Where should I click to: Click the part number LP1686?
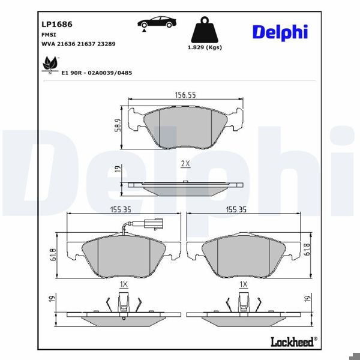[x=57, y=25]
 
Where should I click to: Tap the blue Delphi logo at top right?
[x=280, y=32]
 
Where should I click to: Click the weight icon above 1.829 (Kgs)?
[x=206, y=29]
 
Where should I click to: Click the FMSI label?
[x=49, y=35]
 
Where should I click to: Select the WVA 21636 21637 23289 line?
[x=78, y=44]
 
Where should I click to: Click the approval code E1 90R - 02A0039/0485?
[x=97, y=73]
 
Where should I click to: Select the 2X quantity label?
[x=185, y=163]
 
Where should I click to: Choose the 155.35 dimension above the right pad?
[x=236, y=210]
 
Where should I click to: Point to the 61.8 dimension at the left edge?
[x=53, y=254]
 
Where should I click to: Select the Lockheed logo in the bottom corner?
[x=292, y=342]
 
